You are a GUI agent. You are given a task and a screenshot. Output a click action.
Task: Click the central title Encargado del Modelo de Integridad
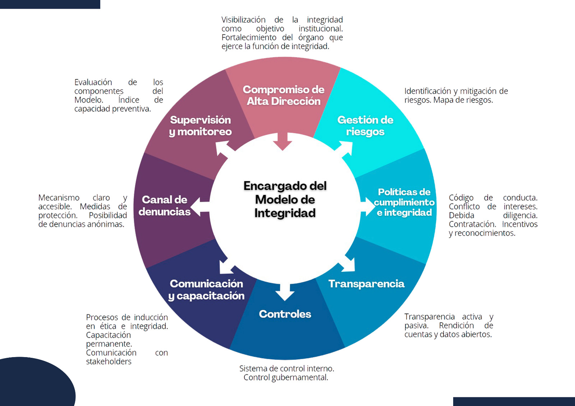point(285,200)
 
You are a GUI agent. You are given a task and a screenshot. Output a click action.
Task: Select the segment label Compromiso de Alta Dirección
point(284,95)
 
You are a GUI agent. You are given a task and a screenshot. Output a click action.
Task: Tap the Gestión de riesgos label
point(365,126)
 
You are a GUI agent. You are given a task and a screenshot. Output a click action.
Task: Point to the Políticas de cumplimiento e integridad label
point(404,202)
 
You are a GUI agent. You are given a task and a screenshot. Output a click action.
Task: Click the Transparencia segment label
point(366,284)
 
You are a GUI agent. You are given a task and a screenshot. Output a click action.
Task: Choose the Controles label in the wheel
point(285,314)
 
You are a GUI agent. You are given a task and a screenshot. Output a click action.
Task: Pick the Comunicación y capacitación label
point(206,289)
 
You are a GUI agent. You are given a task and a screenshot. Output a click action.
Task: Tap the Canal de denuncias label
point(165,205)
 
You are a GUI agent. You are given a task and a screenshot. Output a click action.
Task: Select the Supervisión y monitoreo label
point(200,126)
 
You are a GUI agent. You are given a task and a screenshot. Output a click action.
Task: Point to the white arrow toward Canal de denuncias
point(200,207)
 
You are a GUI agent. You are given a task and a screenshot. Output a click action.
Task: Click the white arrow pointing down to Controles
point(285,292)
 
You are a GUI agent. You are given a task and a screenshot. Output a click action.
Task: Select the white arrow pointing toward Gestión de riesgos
point(345,149)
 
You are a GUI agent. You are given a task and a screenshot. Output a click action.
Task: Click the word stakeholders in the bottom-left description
point(109,361)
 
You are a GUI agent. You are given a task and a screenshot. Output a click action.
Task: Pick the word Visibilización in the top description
point(243,20)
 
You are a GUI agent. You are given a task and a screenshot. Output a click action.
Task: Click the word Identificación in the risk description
point(427,91)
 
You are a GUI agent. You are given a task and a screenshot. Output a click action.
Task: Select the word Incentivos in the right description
point(520,224)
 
